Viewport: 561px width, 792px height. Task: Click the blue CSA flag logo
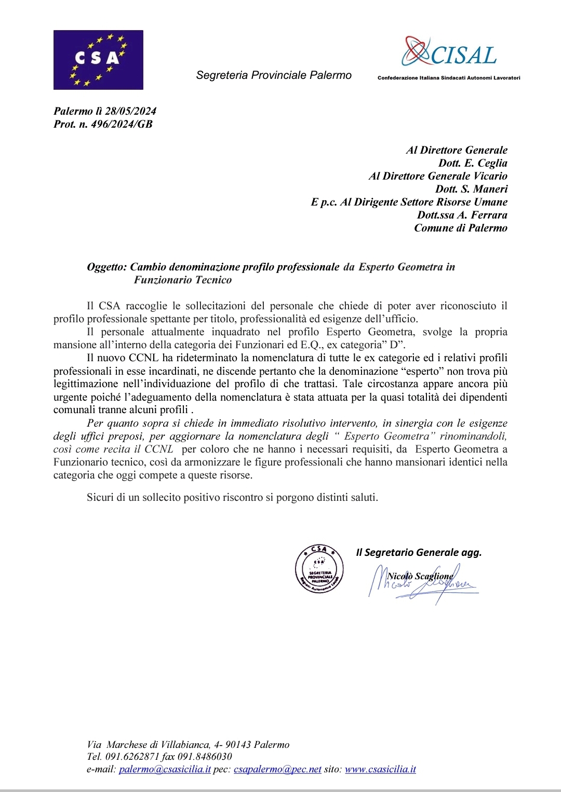(x=98, y=60)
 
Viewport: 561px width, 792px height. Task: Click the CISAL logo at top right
(x=450, y=55)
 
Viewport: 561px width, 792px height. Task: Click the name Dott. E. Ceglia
(x=473, y=163)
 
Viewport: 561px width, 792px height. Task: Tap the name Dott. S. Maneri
(x=471, y=189)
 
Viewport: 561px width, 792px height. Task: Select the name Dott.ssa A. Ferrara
(x=462, y=215)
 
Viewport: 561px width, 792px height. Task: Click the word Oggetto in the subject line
(x=106, y=267)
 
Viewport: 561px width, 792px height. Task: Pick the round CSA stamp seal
(x=319, y=569)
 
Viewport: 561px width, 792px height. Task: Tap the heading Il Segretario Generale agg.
(x=419, y=552)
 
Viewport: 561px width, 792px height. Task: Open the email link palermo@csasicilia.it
(x=165, y=769)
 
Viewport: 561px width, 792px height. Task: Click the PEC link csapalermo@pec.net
(x=277, y=769)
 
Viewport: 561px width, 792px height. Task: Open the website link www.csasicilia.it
(x=380, y=769)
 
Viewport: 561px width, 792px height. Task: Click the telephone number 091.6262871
(x=132, y=757)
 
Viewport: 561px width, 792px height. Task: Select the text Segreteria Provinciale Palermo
(x=274, y=75)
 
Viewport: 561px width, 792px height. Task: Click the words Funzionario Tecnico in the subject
(x=183, y=280)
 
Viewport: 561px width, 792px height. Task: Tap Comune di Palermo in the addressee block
(x=460, y=228)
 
